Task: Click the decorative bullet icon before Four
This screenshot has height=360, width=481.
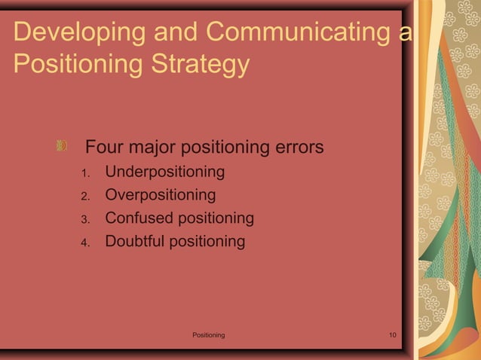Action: pyautogui.click(x=63, y=145)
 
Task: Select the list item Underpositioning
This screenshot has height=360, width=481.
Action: pyautogui.click(x=164, y=172)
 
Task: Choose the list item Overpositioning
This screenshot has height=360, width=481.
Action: pyautogui.click(x=160, y=196)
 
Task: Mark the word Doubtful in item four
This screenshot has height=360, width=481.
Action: pyautogui.click(x=134, y=242)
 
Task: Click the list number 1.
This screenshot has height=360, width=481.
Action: pyautogui.click(x=85, y=174)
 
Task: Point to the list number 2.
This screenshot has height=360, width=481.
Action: pyautogui.click(x=85, y=197)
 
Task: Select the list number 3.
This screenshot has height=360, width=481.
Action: pyautogui.click(x=85, y=220)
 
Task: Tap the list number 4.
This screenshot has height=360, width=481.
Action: pyautogui.click(x=85, y=243)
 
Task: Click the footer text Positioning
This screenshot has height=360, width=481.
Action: pyautogui.click(x=208, y=334)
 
